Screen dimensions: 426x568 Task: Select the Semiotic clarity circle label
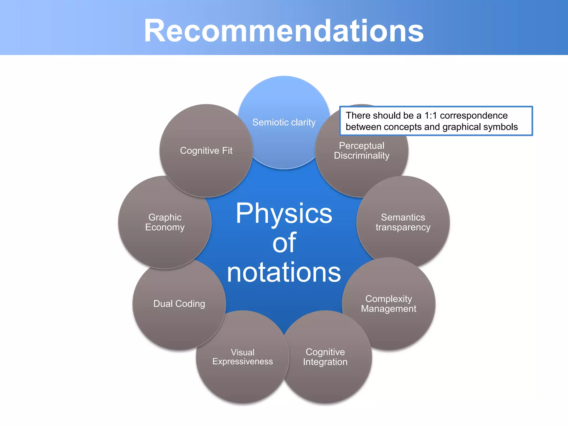(x=284, y=122)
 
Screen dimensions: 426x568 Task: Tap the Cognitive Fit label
(x=206, y=151)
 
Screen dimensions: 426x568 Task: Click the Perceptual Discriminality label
(x=362, y=151)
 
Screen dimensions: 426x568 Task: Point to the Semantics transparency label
(x=403, y=222)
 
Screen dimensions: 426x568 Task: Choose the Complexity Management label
(x=389, y=304)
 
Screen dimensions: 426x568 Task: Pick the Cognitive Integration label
(x=325, y=357)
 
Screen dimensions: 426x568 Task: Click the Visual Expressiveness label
(x=242, y=357)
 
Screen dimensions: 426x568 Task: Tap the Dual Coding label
(x=179, y=304)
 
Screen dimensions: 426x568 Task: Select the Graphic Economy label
(x=165, y=222)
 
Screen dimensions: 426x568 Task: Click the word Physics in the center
(x=284, y=214)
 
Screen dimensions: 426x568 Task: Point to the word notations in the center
(x=284, y=273)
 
